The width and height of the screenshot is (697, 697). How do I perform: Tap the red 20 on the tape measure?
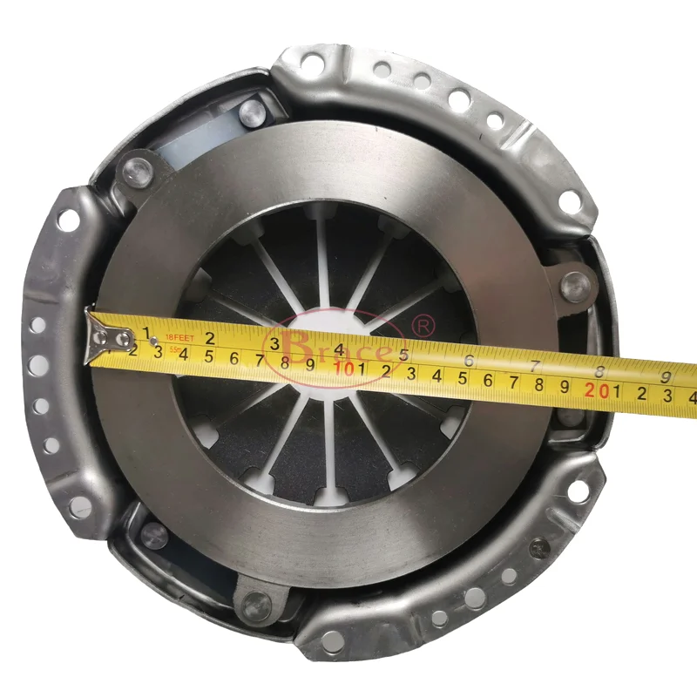click(596, 391)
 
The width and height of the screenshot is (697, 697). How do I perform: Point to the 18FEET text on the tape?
click(181, 335)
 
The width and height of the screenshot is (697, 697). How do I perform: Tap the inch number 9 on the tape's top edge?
click(666, 376)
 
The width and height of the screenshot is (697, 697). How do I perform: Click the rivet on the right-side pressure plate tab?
click(574, 282)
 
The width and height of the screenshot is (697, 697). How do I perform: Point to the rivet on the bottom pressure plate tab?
click(254, 600)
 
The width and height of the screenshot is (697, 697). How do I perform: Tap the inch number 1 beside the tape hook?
click(149, 332)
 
